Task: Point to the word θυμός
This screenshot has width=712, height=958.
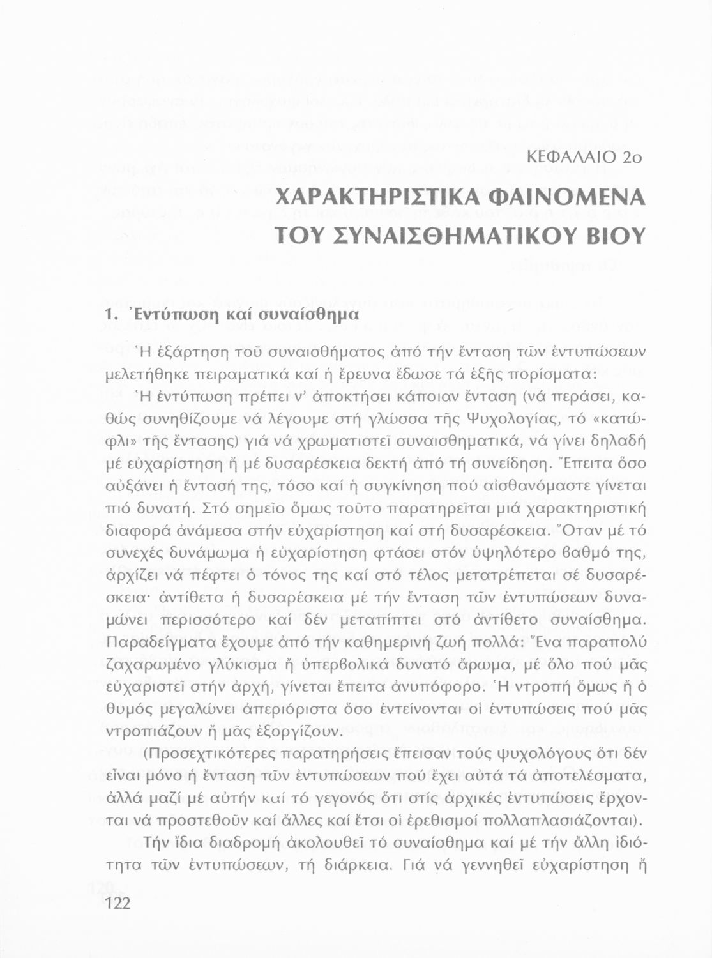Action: pyautogui.click(x=125, y=710)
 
